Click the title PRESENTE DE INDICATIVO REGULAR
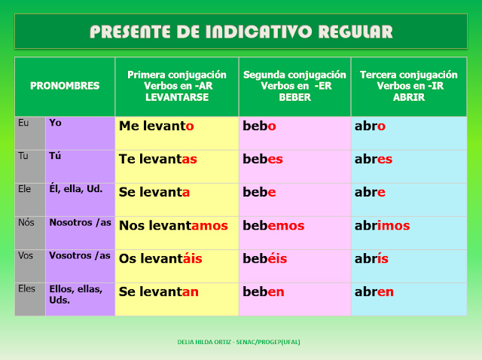[241, 32]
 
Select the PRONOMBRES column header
[65, 86]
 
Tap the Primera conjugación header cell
[177, 86]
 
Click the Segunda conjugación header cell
[294, 86]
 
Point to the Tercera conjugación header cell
[409, 86]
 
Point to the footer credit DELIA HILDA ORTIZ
[241, 341]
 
